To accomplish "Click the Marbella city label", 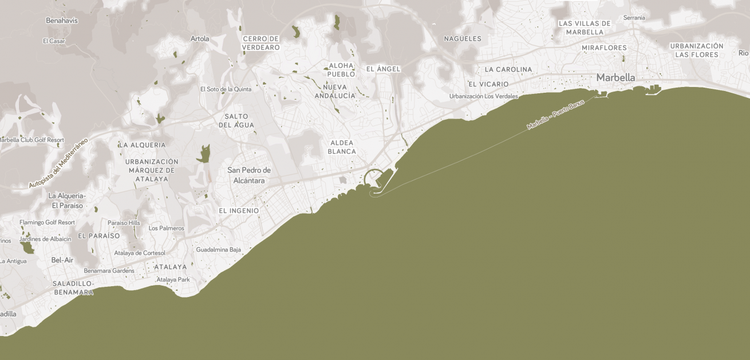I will (x=615, y=77).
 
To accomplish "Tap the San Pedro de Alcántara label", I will (x=249, y=175).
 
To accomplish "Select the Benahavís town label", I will (x=62, y=21).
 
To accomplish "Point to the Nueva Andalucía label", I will (x=335, y=91).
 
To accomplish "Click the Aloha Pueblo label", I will (x=341, y=70).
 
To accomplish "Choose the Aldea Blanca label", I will (x=342, y=147).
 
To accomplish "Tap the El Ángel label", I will (x=383, y=69).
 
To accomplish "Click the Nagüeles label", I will (x=463, y=39).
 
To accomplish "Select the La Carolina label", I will (x=508, y=69).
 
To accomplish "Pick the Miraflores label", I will (x=604, y=48).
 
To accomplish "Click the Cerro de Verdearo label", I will (x=261, y=43).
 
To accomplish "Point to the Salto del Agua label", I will (x=236, y=121).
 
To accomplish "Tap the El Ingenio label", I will (x=239, y=211).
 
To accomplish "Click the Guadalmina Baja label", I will (x=219, y=250).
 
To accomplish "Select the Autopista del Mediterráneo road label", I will (x=58, y=163).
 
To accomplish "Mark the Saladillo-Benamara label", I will (x=73, y=288).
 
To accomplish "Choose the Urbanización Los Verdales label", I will (x=483, y=96).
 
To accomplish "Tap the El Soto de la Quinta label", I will (x=226, y=89).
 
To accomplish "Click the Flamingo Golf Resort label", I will (x=47, y=222).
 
